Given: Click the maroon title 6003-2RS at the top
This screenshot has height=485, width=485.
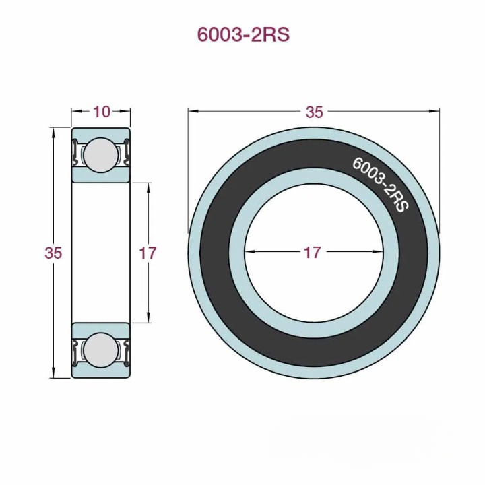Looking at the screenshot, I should pos(243,35).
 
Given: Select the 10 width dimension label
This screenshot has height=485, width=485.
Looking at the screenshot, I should pos(102,112).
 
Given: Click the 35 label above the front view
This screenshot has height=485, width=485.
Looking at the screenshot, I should pos(314,112).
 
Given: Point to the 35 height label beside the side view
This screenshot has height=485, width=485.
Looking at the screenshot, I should pos(53,253).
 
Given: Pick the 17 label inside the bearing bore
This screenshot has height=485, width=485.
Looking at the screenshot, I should pos(312,253).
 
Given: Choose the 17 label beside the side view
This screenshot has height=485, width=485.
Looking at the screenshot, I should pos(148,253).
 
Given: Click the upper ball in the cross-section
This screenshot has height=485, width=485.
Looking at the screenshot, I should pos(101,154).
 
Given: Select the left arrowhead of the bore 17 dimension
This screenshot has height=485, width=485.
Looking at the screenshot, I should pos(248,253).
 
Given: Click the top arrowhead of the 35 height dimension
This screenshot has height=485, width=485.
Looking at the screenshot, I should pos(53,131).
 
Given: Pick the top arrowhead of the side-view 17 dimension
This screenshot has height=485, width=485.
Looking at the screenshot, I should pos(148,185).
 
